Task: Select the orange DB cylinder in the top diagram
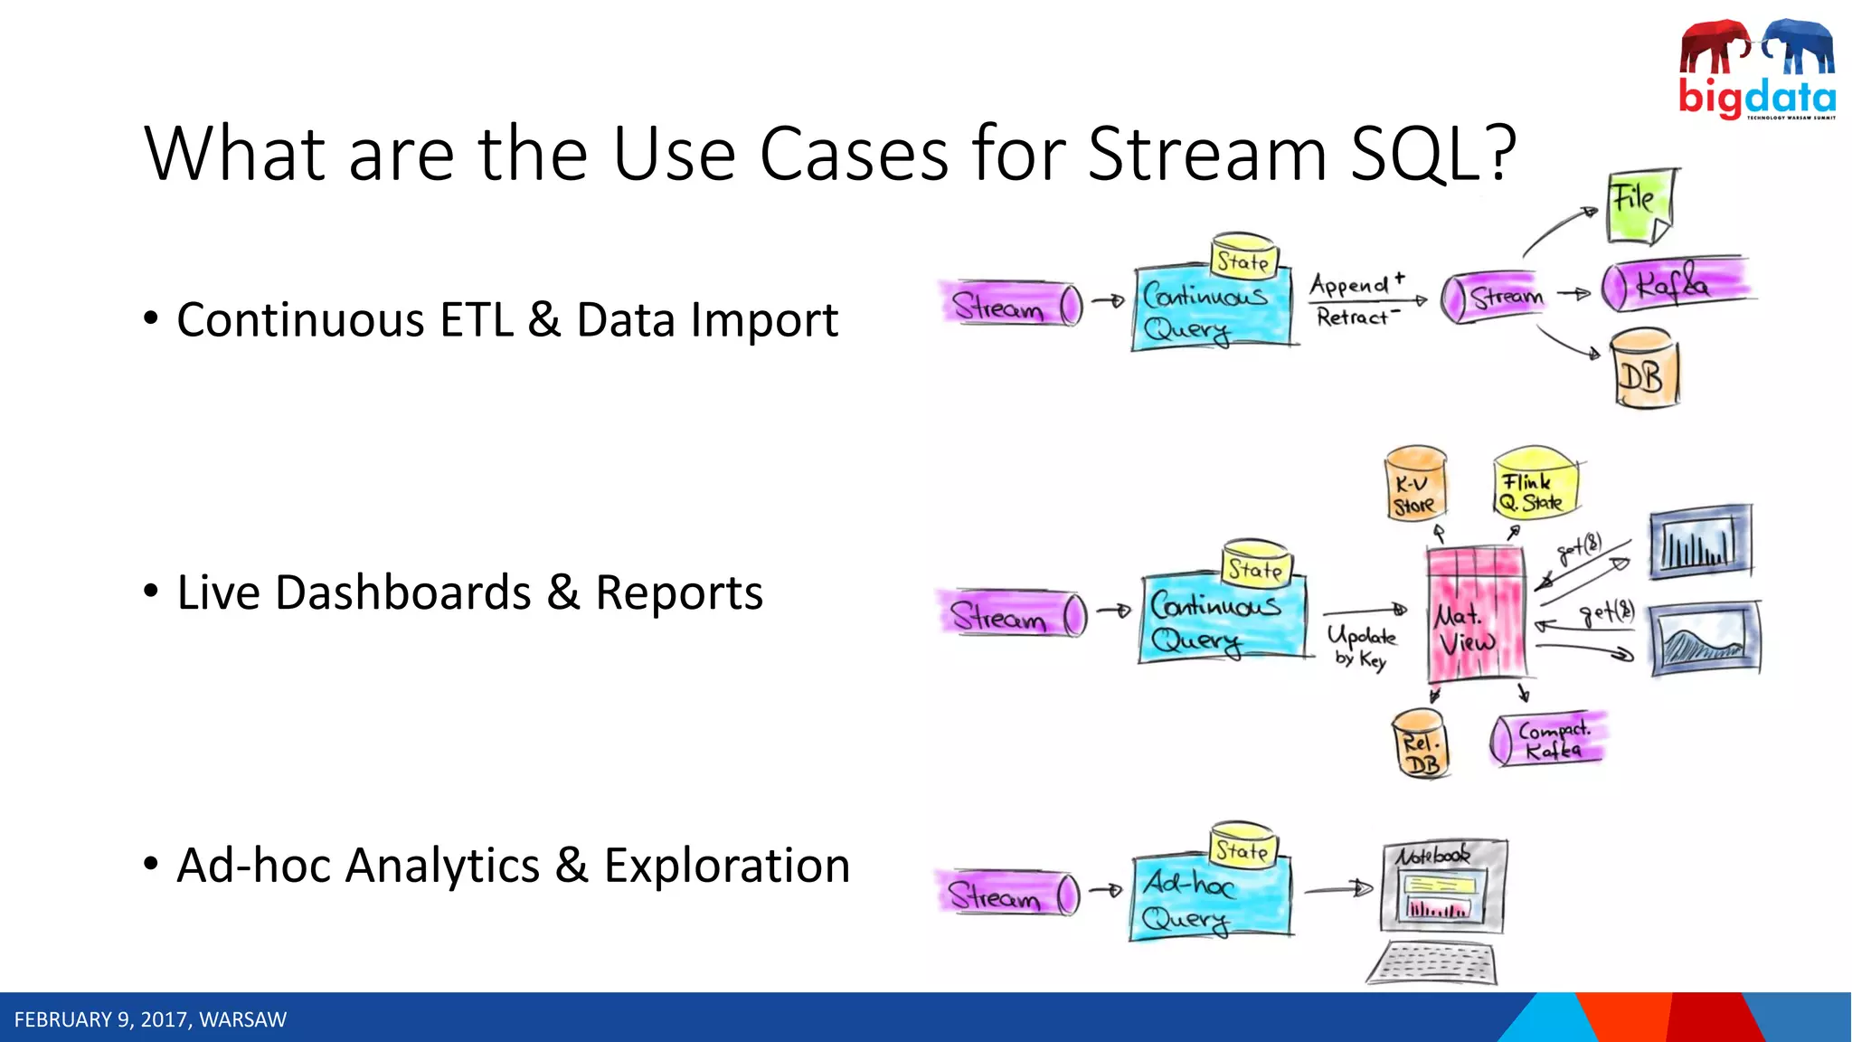pyautogui.click(x=1644, y=371)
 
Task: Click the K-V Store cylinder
pyautogui.click(x=1415, y=486)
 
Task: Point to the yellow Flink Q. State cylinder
pyautogui.click(x=1535, y=484)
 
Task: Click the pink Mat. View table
pyautogui.click(x=1476, y=615)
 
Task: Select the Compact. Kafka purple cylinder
pyautogui.click(x=1548, y=740)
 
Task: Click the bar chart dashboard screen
pyautogui.click(x=1700, y=543)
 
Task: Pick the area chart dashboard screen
pyautogui.click(x=1706, y=640)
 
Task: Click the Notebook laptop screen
pyautogui.click(x=1444, y=886)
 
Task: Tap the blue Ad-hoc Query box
pyautogui.click(x=1208, y=901)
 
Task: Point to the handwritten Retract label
pyautogui.click(x=1353, y=317)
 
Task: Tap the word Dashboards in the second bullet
pyautogui.click(x=402, y=593)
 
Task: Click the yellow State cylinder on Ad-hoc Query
pyautogui.click(x=1243, y=848)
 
